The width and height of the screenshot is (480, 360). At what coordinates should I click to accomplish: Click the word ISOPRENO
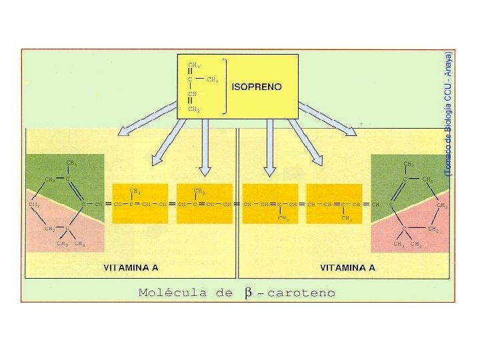[257, 87]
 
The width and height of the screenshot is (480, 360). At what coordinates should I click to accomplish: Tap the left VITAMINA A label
[131, 268]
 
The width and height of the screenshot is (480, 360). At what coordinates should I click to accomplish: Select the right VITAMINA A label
[347, 268]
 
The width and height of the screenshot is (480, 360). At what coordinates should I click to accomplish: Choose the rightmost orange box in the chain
[334, 203]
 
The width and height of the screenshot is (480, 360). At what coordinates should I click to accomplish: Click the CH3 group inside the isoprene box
[213, 79]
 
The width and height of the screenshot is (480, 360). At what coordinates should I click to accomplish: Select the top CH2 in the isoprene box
[193, 65]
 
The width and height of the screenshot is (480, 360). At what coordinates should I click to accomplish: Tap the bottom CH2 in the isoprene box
[193, 109]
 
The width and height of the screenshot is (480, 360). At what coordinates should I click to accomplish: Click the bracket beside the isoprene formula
[226, 87]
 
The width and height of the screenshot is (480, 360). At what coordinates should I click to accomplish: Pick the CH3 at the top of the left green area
[71, 163]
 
